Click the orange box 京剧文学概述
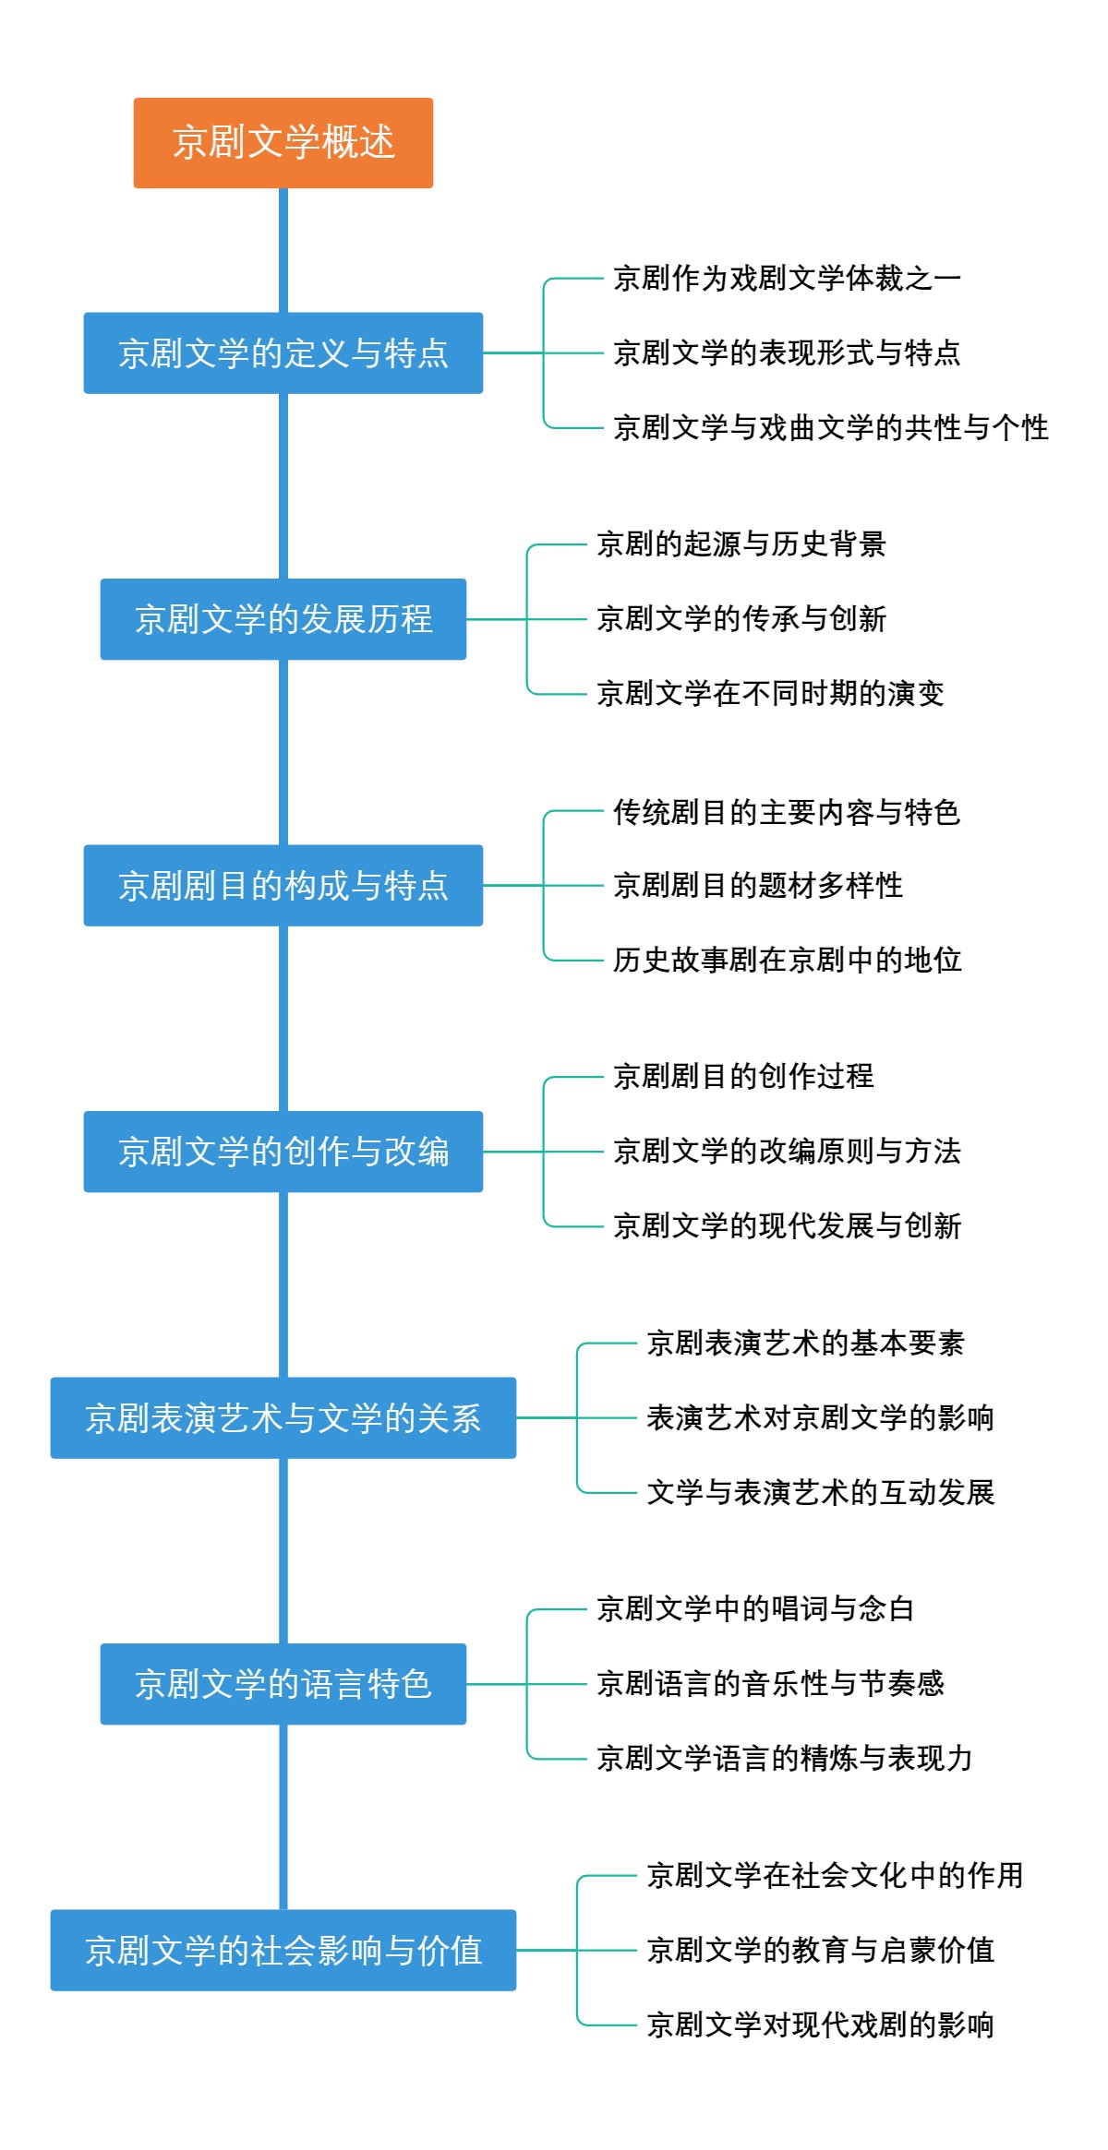(x=283, y=143)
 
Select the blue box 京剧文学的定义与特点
(x=283, y=353)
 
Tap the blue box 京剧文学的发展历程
(x=283, y=619)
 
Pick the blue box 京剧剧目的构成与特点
(x=283, y=886)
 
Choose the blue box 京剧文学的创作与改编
(x=283, y=1152)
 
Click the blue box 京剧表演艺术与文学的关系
(x=283, y=1418)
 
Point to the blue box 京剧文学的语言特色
(x=283, y=1684)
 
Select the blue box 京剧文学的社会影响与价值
(x=283, y=1951)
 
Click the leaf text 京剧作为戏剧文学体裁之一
(x=788, y=278)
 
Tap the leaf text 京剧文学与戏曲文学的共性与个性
(x=831, y=427)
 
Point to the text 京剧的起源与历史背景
(x=741, y=544)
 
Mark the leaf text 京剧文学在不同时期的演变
(x=771, y=693)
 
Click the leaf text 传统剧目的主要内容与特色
(x=788, y=812)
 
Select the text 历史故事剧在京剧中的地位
(x=788, y=960)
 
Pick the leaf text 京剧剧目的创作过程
(x=744, y=1076)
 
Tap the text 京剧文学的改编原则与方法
(x=788, y=1152)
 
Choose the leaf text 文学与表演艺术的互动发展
(x=821, y=1492)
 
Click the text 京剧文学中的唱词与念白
(x=756, y=1608)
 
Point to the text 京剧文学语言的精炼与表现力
(x=785, y=1758)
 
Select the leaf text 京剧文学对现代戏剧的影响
(x=821, y=2025)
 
